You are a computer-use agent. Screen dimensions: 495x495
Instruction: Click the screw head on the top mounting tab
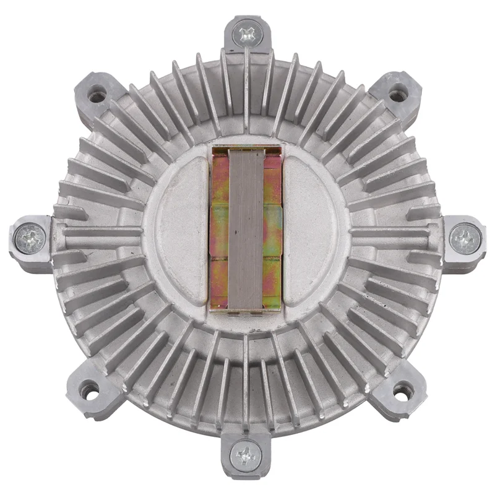246,33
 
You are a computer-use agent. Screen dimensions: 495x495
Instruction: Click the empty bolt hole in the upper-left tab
97,97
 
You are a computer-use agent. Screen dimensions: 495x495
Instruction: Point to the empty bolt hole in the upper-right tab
395,95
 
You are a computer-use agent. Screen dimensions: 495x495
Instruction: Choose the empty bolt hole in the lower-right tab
402,391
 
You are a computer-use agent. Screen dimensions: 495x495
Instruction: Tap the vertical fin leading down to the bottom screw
246,384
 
